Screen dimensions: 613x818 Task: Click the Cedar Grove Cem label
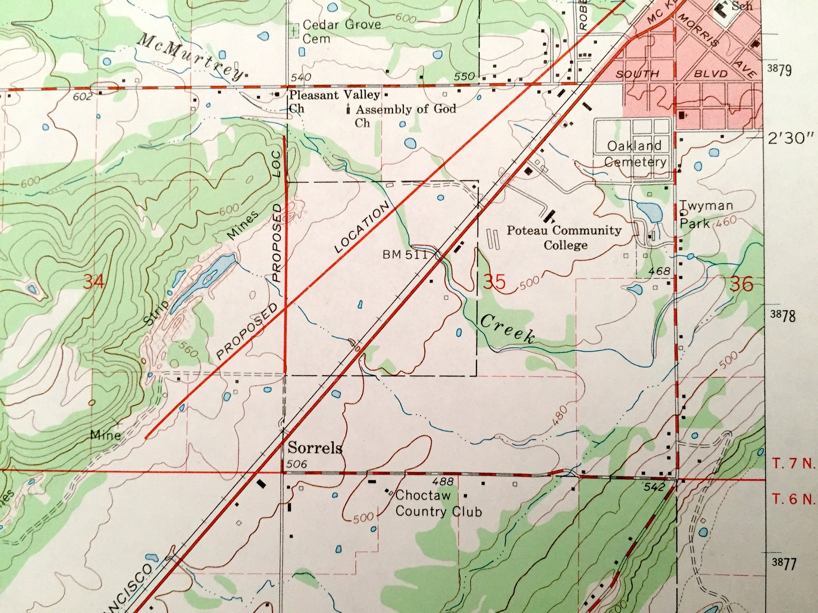pos(341,31)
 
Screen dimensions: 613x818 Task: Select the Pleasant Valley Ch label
pos(334,101)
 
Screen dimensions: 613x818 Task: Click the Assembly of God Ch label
pos(405,115)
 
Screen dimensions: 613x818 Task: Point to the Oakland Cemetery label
pos(635,153)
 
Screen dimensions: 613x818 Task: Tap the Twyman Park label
pos(705,214)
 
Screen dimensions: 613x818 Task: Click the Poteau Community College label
pos(564,237)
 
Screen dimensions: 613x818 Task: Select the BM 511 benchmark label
pos(405,254)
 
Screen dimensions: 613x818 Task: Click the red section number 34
pos(94,282)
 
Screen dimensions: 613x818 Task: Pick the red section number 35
pos(494,282)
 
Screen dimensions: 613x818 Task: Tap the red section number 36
pos(741,284)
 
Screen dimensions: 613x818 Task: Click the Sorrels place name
pos(315,448)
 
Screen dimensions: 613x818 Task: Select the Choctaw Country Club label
pos(438,503)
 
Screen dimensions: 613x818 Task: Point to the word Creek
pos(507,329)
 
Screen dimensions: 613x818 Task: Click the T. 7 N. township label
pos(794,463)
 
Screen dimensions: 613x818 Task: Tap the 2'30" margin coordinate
pos(791,138)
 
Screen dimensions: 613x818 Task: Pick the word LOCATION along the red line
pos(362,227)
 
